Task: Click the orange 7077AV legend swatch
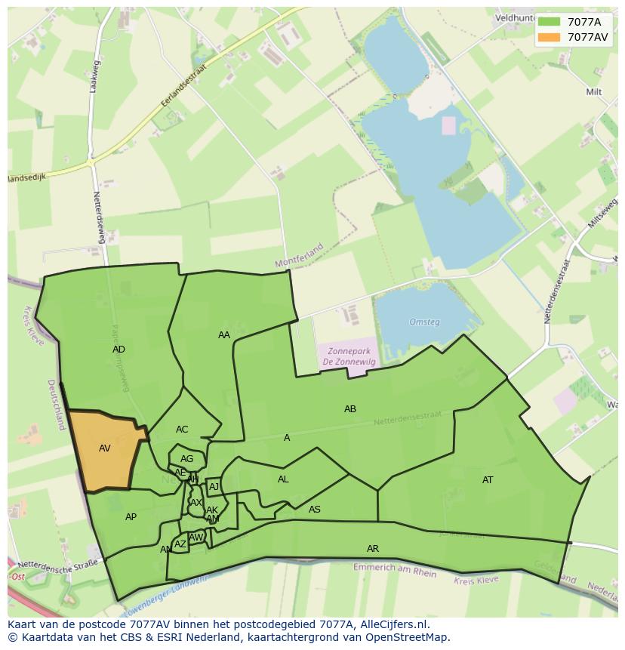click(549, 37)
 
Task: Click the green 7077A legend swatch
click(549, 21)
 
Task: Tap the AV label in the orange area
click(105, 448)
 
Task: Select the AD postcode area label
click(119, 350)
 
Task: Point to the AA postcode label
click(224, 335)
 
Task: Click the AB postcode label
click(350, 409)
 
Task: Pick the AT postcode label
click(488, 480)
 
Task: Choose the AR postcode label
click(373, 549)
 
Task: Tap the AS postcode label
click(315, 510)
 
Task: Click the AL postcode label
click(283, 479)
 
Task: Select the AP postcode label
click(131, 517)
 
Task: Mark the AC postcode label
click(182, 430)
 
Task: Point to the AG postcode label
click(187, 459)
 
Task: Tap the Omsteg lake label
click(424, 322)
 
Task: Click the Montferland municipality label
click(299, 255)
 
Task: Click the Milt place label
click(594, 92)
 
